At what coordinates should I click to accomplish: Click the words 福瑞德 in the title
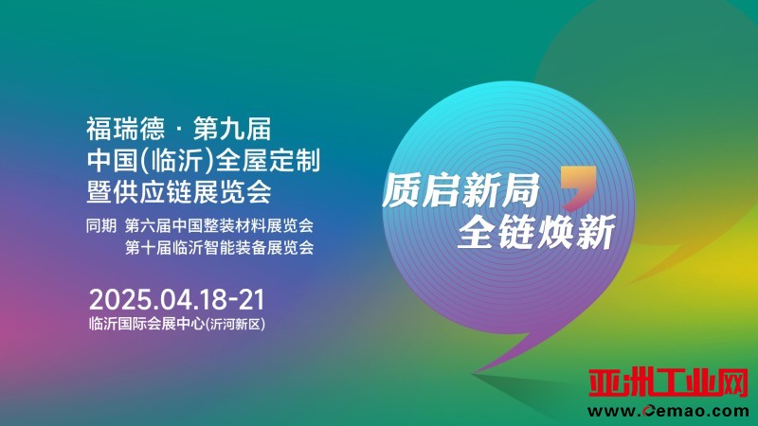click(x=125, y=129)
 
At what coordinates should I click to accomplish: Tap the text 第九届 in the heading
click(x=232, y=129)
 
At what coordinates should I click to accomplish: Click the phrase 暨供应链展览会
click(x=179, y=192)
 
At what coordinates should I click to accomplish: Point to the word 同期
click(x=101, y=225)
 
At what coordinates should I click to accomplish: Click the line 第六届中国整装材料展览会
click(x=220, y=225)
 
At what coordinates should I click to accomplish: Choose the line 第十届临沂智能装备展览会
click(x=220, y=247)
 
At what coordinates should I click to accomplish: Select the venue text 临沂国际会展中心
click(x=147, y=324)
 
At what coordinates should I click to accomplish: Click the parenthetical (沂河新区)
click(x=235, y=324)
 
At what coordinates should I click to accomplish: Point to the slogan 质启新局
click(x=461, y=190)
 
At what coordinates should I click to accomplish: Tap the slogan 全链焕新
click(x=536, y=231)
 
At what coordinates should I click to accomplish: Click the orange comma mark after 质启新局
click(x=578, y=187)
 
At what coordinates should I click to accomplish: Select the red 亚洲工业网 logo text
click(x=669, y=382)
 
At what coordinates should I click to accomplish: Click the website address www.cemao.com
click(x=669, y=412)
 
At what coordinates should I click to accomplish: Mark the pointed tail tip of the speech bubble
click(x=472, y=373)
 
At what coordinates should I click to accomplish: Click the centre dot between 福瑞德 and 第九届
click(x=179, y=130)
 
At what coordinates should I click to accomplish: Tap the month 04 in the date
click(x=174, y=299)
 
